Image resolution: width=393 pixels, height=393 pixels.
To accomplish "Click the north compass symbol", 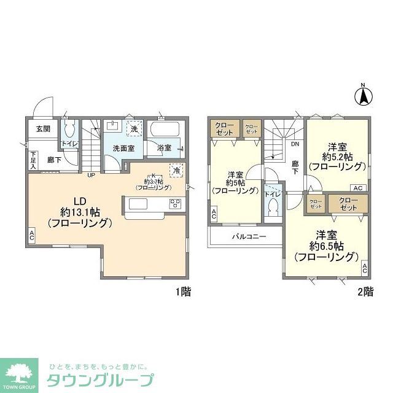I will tap(363, 95).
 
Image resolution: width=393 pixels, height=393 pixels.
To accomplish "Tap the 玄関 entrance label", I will tap(42, 129).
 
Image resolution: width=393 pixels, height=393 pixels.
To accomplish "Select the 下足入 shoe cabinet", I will tap(33, 161).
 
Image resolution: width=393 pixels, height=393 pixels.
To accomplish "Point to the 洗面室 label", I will tap(123, 148).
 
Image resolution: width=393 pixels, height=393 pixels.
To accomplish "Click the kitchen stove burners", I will tap(175, 204).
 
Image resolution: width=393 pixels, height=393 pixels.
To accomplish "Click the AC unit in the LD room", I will tap(31, 234).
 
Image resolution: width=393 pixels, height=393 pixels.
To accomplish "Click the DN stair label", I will tap(295, 145).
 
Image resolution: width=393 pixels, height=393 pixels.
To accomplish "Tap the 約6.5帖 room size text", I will tap(326, 246).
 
